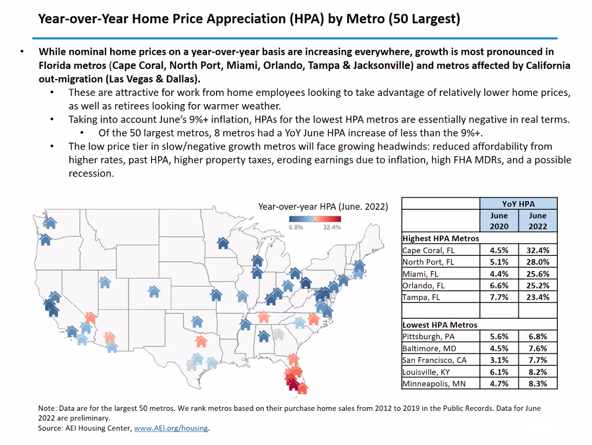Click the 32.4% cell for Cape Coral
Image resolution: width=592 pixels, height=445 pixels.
click(538, 250)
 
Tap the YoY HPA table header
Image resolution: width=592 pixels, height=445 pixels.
click(518, 204)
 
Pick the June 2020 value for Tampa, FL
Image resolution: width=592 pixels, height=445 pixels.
click(499, 297)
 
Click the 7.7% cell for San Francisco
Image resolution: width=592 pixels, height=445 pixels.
click(538, 360)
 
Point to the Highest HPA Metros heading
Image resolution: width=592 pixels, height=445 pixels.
click(440, 238)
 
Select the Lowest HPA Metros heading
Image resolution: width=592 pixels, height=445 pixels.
click(440, 325)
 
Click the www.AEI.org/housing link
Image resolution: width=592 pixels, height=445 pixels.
click(171, 428)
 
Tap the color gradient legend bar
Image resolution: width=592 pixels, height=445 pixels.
click(314, 218)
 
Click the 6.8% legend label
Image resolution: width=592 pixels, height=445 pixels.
click(296, 227)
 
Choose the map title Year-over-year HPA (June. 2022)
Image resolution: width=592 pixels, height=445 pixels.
click(323, 207)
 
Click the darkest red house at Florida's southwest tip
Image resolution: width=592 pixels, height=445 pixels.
click(293, 384)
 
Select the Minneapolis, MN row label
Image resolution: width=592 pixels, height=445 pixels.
click(433, 384)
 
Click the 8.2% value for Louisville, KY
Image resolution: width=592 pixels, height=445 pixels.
click(538, 372)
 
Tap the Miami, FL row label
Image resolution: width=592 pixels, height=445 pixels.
click(421, 274)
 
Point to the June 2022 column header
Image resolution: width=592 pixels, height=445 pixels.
click(538, 220)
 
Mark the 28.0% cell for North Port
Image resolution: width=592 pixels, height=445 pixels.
click(538, 262)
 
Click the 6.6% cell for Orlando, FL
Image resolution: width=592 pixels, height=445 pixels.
click(499, 285)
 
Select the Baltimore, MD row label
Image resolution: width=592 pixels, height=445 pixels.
click(429, 348)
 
